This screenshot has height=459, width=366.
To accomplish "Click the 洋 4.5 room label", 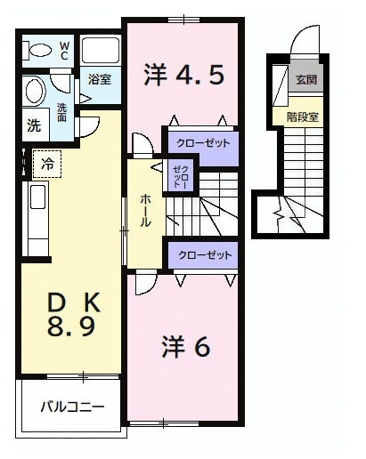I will click(183, 76).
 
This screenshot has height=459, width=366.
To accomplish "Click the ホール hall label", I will click(144, 210).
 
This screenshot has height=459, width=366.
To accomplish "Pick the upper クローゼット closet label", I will click(203, 143).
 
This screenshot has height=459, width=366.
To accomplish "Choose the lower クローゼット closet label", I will click(205, 255).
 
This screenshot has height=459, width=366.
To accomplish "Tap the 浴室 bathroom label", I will click(99, 80).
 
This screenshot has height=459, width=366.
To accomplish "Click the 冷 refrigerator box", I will click(46, 164).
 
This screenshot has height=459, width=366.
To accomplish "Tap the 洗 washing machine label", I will click(33, 125).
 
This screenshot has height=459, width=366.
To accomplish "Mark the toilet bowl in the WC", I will click(37, 51).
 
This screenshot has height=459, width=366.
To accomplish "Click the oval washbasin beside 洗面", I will click(35, 92).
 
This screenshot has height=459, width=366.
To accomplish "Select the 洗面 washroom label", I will click(62, 112).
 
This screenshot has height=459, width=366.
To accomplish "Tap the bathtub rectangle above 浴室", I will click(99, 52).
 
